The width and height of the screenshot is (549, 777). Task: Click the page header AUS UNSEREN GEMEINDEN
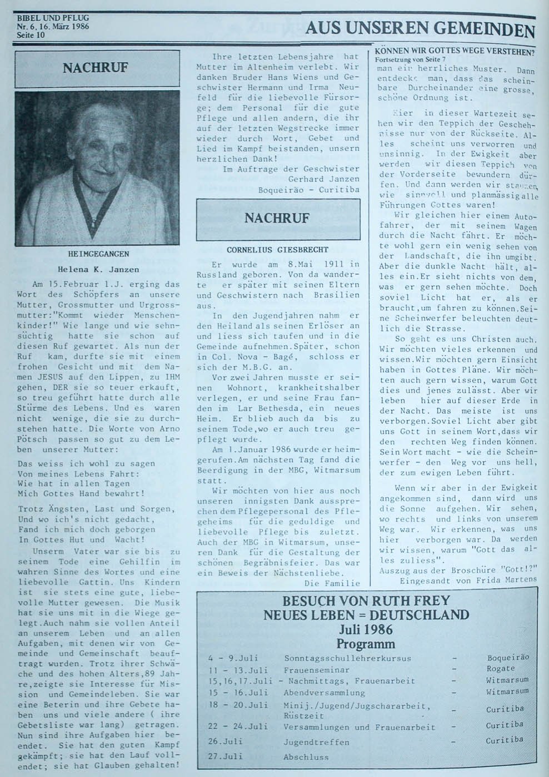(x=420, y=29)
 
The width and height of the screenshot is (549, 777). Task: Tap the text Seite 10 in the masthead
(x=31, y=35)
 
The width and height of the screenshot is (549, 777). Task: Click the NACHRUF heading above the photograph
(x=96, y=68)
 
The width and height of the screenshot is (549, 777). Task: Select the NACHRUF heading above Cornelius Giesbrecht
(x=277, y=218)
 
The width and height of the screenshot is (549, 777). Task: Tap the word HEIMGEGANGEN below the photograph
(x=98, y=254)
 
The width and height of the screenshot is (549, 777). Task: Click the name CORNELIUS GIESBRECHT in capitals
(x=277, y=250)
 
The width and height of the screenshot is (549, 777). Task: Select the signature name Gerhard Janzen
(x=323, y=179)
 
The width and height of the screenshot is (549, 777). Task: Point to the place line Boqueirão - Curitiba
(x=308, y=190)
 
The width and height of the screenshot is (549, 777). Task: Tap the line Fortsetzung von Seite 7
(x=411, y=59)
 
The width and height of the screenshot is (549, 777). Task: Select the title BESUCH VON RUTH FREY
(x=366, y=601)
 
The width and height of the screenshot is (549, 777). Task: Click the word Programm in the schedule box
(x=365, y=644)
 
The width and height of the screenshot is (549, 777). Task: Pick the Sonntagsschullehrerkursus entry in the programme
(x=347, y=659)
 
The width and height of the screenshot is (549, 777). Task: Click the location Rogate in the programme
(x=500, y=669)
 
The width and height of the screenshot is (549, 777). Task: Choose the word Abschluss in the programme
(x=306, y=756)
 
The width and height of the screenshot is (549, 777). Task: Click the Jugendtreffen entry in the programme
(x=316, y=742)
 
